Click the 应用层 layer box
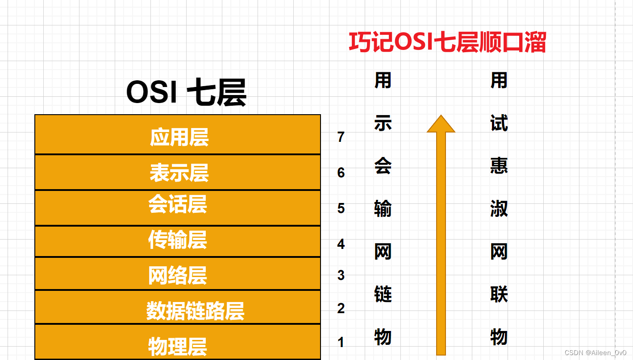178,134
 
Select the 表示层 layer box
178,172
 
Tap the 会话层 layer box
178,208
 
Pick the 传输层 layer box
178,241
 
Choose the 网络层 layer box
178,273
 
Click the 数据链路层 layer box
178,307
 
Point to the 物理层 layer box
178,342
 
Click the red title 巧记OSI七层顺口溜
447,42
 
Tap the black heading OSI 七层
186,92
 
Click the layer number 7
341,137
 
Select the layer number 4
341,244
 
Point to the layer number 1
341,342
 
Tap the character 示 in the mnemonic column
383,123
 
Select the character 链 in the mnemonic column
383,294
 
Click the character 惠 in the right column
499,166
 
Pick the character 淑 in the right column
499,209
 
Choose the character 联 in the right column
499,294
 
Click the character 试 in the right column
499,123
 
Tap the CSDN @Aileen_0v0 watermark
595,353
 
